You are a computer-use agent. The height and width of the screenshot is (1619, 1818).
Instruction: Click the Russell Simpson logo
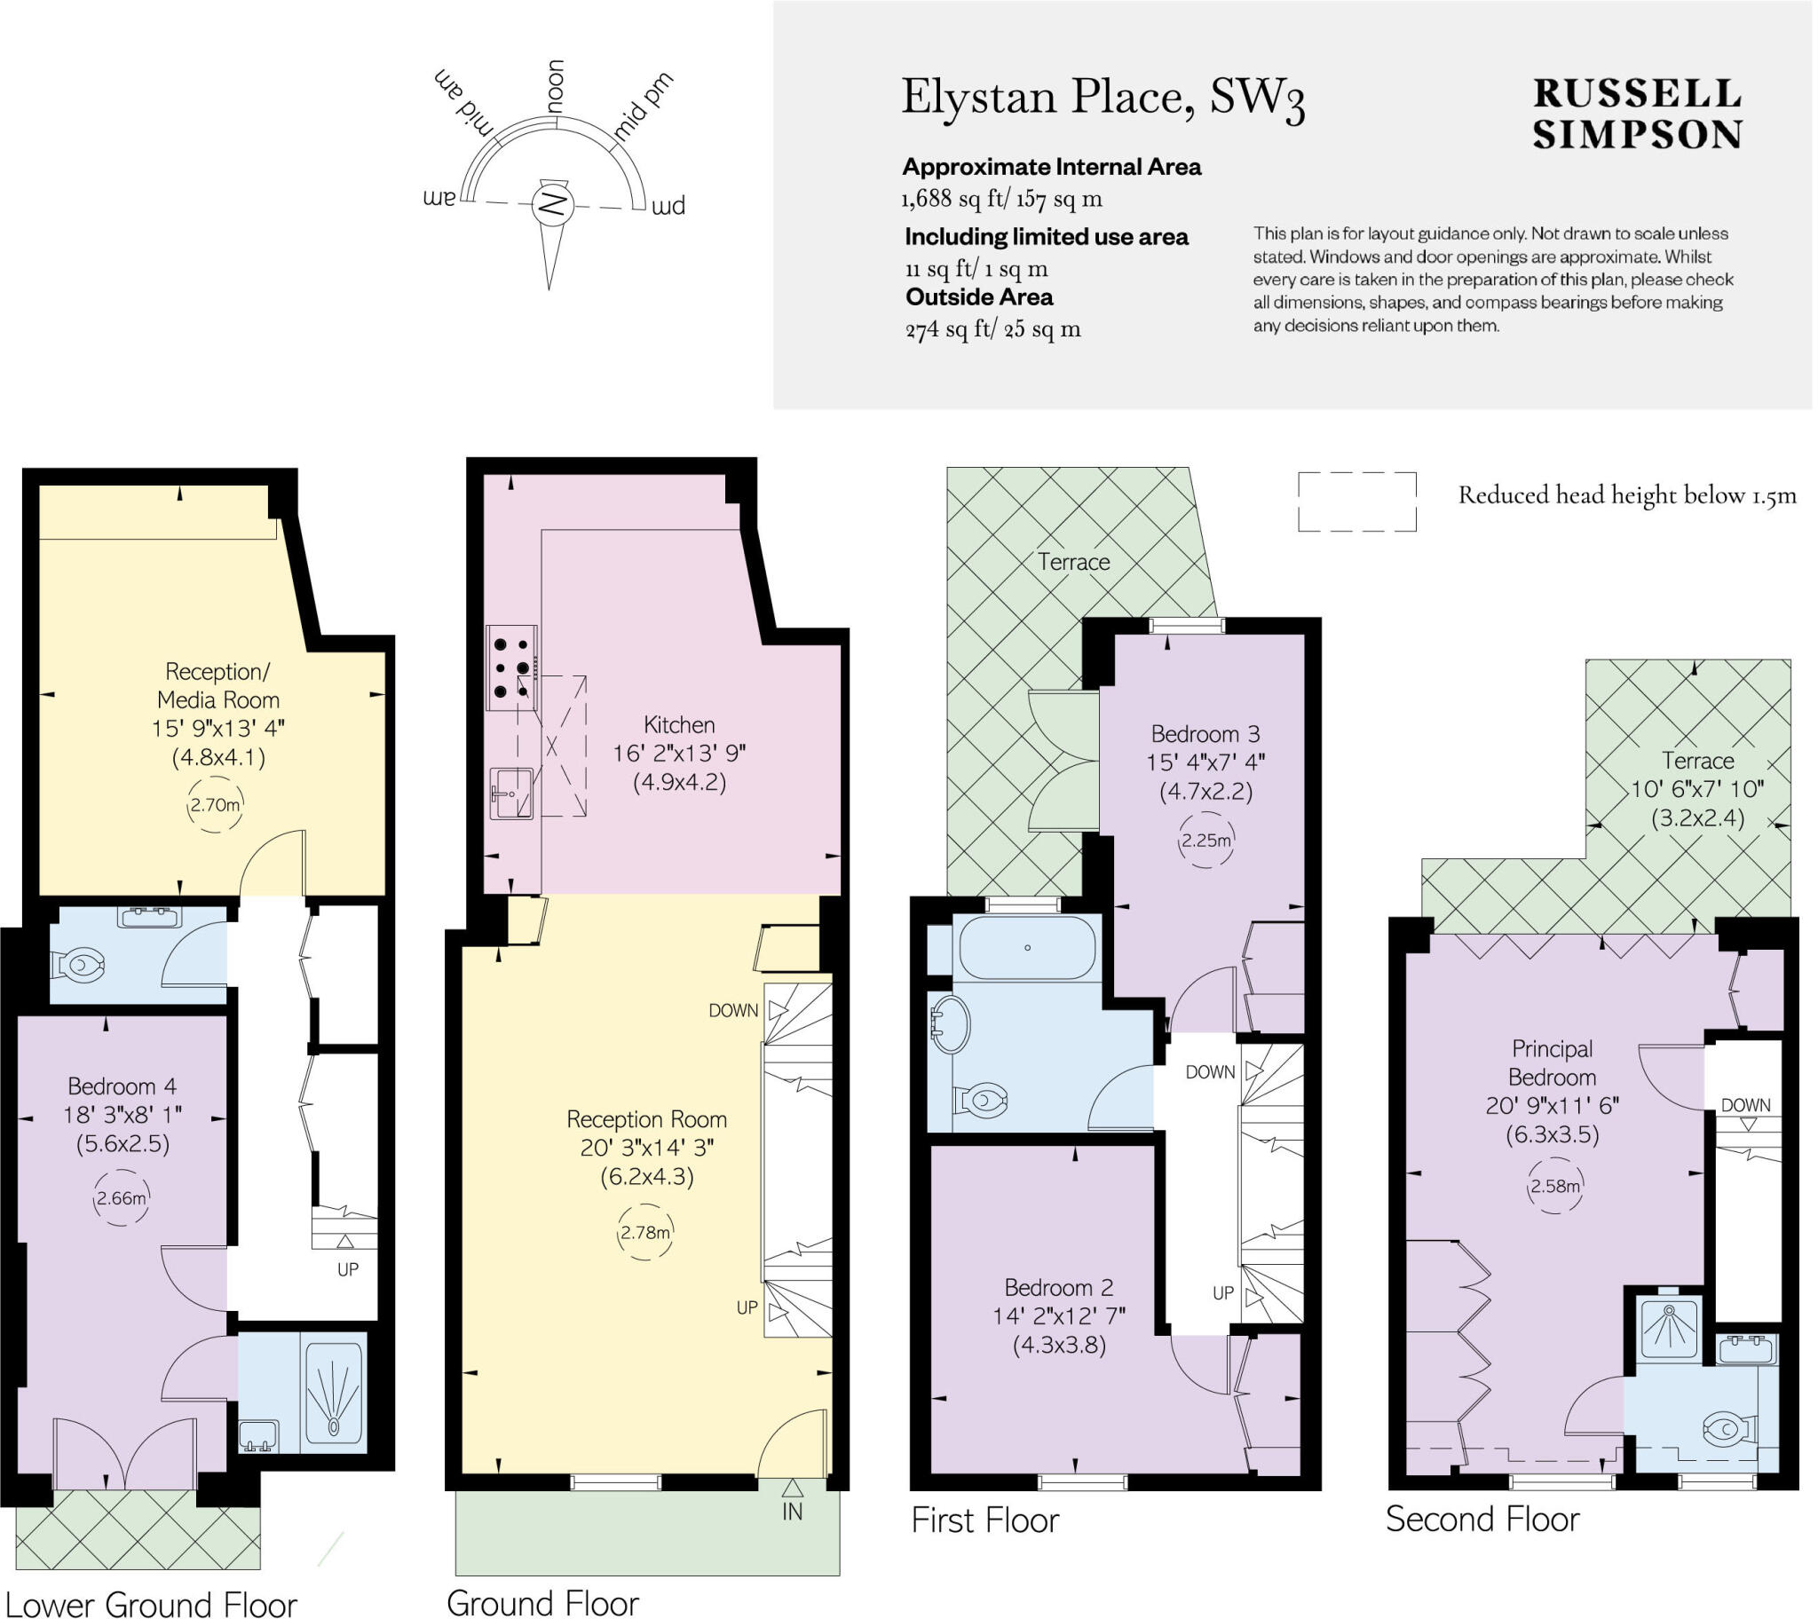1637,115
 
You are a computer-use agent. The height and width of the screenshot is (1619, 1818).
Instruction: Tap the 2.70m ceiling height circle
214,804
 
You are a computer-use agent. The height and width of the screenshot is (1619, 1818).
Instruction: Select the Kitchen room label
678,724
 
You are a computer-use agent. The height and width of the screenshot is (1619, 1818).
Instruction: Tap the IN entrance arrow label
793,1512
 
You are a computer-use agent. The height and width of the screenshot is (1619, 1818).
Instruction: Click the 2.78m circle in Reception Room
644,1232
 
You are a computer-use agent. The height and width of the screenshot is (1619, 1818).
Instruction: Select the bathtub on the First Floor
1027,947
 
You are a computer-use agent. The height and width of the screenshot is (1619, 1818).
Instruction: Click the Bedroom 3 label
1205,734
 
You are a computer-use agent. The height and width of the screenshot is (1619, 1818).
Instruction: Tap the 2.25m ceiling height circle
1206,840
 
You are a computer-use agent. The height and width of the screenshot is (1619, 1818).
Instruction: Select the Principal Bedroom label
1552,1062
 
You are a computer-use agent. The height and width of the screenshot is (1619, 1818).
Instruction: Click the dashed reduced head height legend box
1356,501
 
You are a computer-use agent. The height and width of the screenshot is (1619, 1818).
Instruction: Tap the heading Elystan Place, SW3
1103,98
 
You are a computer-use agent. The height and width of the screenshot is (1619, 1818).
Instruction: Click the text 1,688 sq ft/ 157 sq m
1002,198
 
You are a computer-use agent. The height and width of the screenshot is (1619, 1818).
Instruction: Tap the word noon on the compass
555,86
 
